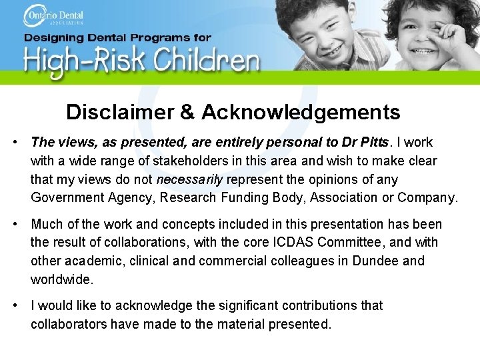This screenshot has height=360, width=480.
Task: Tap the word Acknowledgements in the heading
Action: coord(301,112)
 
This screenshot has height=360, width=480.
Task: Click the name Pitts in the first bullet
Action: coord(378,142)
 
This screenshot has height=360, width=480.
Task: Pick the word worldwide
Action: coord(61,279)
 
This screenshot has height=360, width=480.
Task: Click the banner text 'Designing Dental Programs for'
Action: coord(117,38)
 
